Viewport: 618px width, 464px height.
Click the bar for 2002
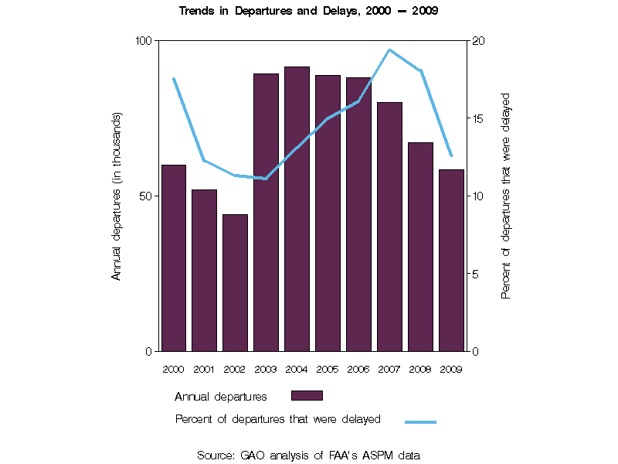(x=235, y=283)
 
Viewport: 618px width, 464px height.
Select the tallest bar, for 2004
(x=297, y=209)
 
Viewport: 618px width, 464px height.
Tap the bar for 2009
(x=451, y=260)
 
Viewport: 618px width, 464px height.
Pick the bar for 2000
(x=173, y=258)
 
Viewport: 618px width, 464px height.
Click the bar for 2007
(x=389, y=227)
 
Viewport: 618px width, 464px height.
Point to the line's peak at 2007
(x=389, y=49)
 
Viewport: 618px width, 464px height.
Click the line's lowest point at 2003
(x=266, y=179)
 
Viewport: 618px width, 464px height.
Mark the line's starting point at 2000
(x=174, y=79)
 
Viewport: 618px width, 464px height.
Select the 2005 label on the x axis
(x=328, y=369)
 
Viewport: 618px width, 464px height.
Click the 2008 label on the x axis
(x=420, y=369)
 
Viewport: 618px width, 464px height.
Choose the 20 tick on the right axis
(x=477, y=40)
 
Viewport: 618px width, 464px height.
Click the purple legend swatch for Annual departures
(x=307, y=395)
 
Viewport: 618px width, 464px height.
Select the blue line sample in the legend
(x=420, y=421)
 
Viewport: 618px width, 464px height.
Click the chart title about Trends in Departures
(x=309, y=12)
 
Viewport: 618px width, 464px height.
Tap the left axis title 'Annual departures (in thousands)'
(x=117, y=196)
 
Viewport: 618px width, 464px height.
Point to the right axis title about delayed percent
(x=506, y=196)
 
